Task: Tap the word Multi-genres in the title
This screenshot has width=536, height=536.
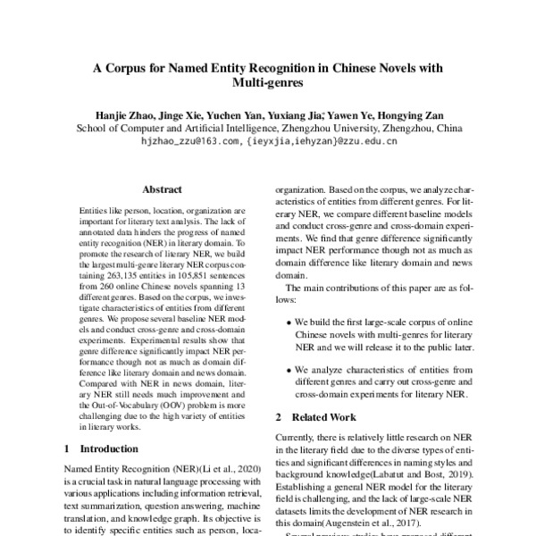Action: [267, 84]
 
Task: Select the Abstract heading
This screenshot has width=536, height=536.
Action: [162, 190]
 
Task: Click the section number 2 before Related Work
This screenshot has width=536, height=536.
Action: [278, 417]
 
